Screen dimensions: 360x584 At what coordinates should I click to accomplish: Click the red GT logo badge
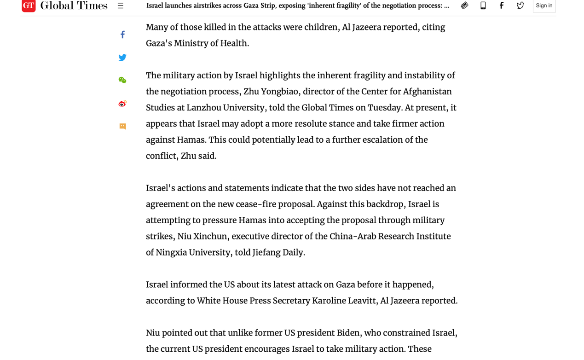(x=29, y=6)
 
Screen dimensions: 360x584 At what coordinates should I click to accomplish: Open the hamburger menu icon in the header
(x=121, y=6)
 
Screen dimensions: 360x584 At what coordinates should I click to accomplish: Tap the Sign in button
(x=544, y=6)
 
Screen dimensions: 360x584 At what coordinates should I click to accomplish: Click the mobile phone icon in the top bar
(x=483, y=6)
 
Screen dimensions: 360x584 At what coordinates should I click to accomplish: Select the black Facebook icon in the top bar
(x=502, y=6)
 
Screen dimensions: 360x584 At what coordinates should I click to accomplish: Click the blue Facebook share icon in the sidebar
(x=122, y=35)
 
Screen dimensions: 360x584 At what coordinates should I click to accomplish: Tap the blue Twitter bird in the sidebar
(x=122, y=58)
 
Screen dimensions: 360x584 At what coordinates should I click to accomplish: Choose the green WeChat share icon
(x=122, y=80)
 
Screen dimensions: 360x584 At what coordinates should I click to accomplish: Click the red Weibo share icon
(x=122, y=104)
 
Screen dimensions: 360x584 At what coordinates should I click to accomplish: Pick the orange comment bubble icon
(x=122, y=126)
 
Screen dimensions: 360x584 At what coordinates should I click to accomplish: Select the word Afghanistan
(x=427, y=92)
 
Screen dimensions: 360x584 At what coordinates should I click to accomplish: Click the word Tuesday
(x=384, y=108)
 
